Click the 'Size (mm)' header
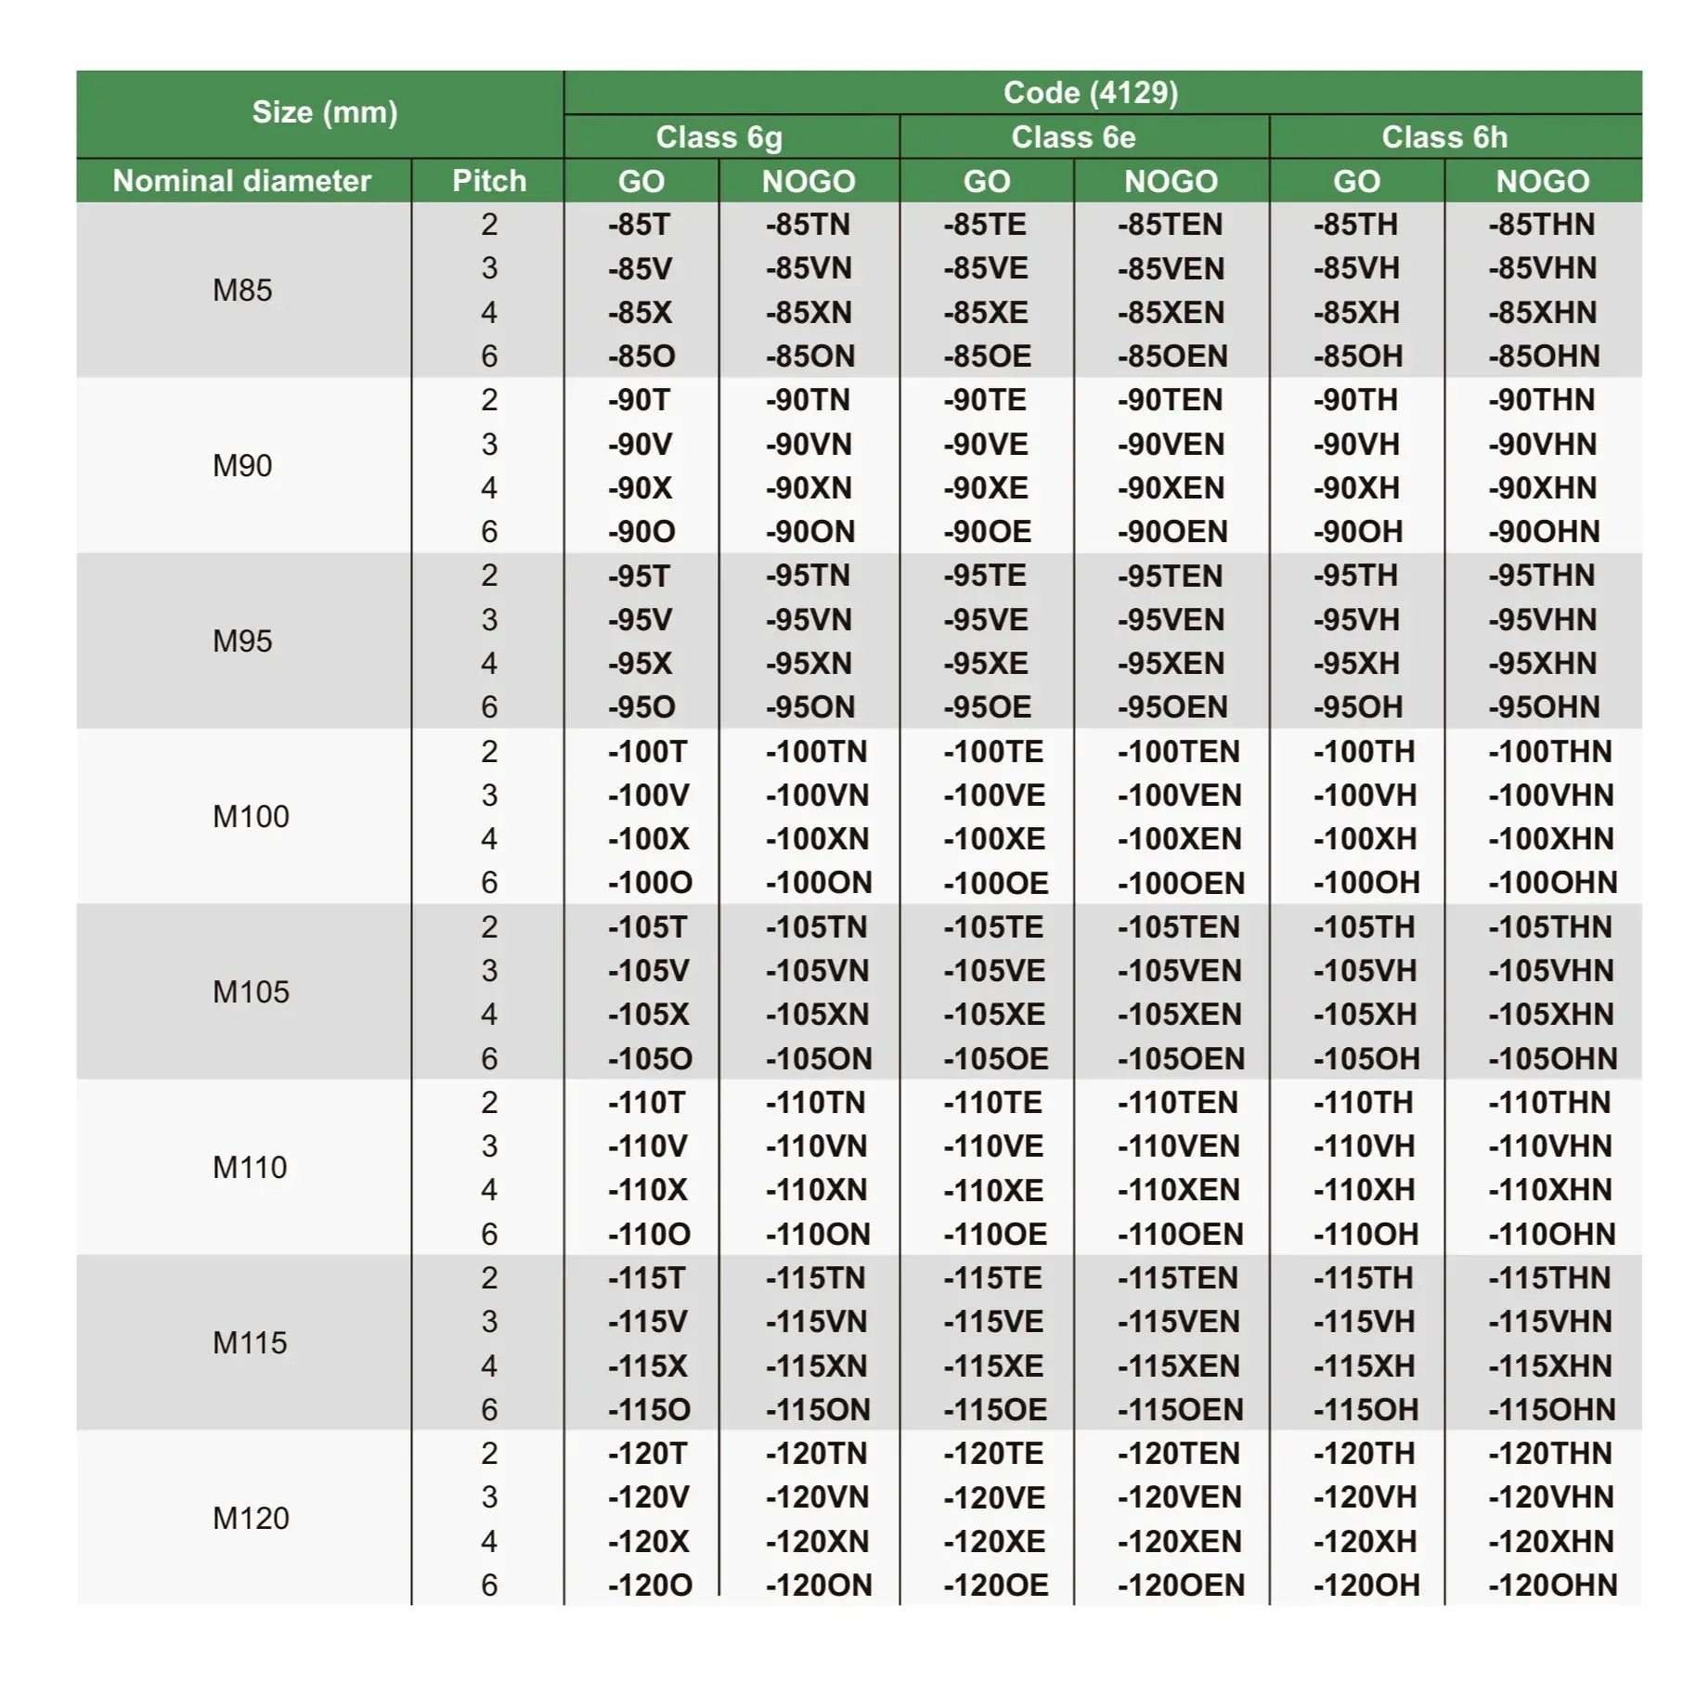tap(324, 112)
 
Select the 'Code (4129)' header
tap(1090, 93)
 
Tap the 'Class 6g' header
tap(719, 137)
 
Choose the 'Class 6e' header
tap(1073, 137)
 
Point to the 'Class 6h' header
tap(1443, 137)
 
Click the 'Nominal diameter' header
tap(241, 181)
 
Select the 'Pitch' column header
tap(488, 181)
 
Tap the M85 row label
tap(242, 291)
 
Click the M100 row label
tap(251, 817)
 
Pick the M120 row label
tap(251, 1519)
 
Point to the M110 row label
tap(250, 1168)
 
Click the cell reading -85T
tap(639, 225)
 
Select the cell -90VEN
tap(1171, 445)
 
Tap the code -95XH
tap(1355, 664)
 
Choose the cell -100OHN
tap(1552, 883)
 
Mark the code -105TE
tap(992, 927)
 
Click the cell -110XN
tap(815, 1190)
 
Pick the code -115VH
tap(1364, 1322)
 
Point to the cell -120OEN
tap(1180, 1586)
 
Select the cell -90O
tap(641, 532)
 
